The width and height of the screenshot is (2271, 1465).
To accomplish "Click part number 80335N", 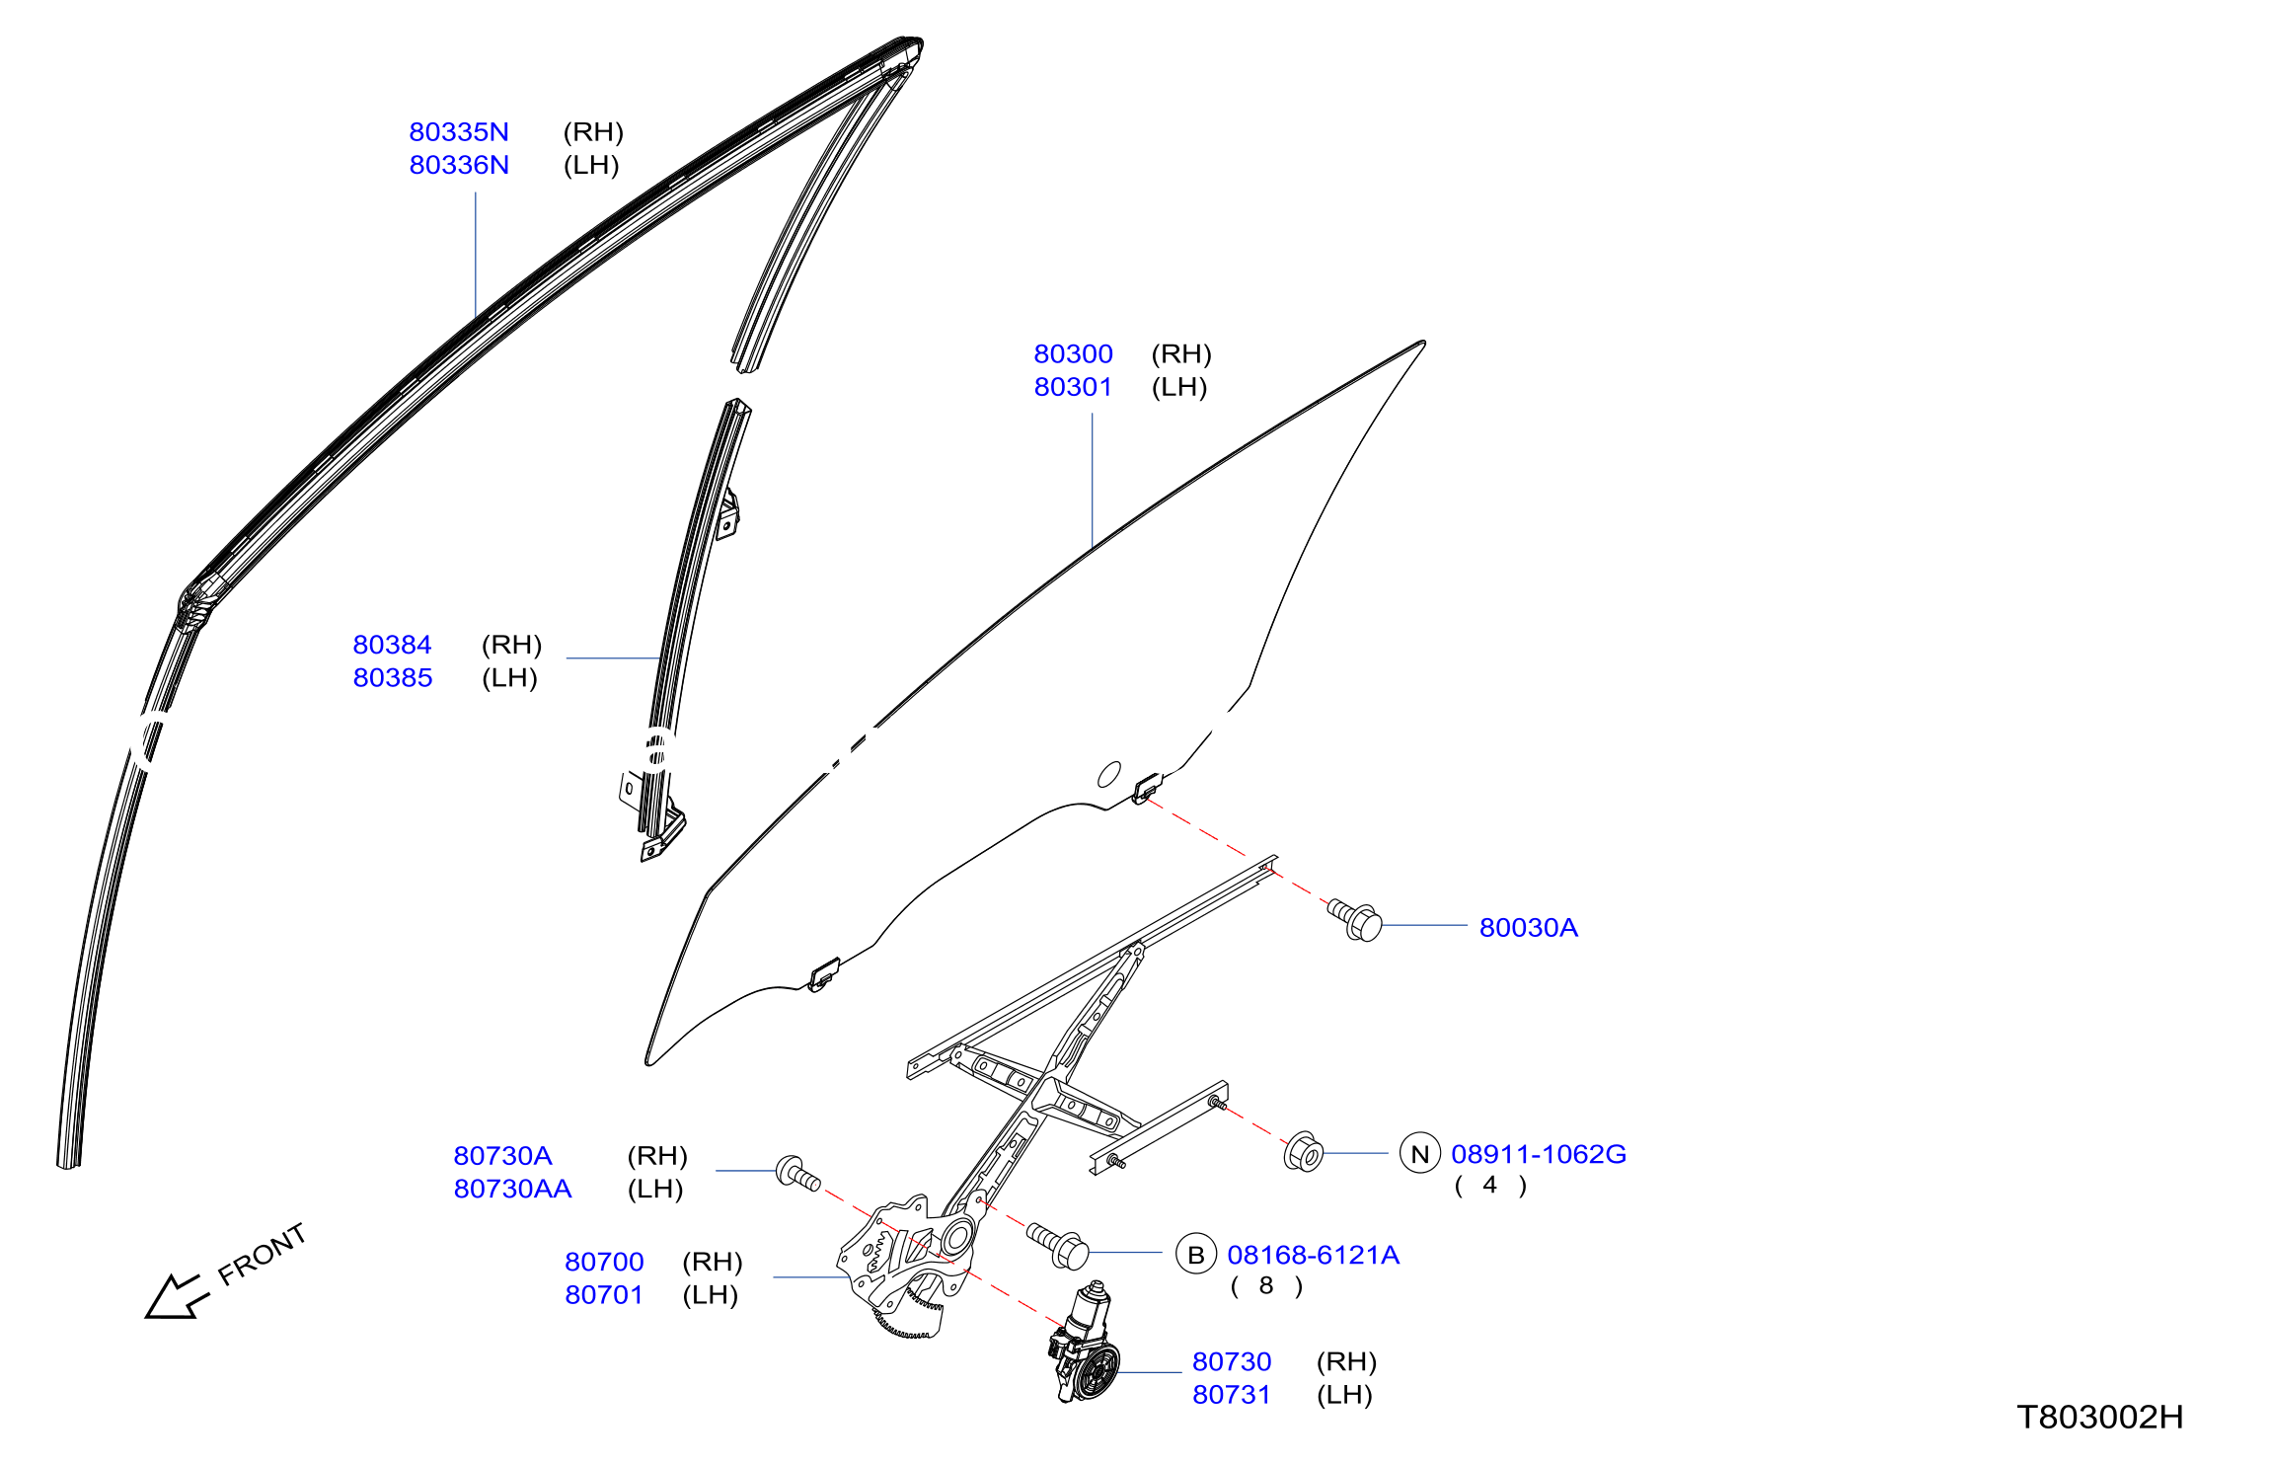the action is coord(459,132).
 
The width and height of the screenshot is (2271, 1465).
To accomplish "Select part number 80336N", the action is coord(459,165).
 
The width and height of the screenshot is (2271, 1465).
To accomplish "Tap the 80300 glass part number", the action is coord(1073,353).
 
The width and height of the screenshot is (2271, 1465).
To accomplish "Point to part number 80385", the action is coord(393,678).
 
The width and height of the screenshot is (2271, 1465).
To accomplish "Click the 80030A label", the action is coord(1528,928).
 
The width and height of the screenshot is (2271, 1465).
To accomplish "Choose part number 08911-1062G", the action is coord(1538,1154).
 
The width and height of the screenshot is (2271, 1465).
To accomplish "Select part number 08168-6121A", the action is coord(1313,1255).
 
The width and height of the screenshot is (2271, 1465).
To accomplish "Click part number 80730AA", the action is coord(512,1189).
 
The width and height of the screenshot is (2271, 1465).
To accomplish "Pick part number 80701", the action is coord(604,1295).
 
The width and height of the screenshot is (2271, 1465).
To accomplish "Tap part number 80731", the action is coord(1231,1395).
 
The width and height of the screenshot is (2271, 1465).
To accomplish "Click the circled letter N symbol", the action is coord(1420,1154).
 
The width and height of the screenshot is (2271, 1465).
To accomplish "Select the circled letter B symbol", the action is coord(1196,1255).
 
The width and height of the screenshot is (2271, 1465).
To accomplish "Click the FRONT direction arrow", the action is coord(178,1296).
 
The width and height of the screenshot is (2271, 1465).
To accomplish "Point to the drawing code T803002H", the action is coord(2099,1418).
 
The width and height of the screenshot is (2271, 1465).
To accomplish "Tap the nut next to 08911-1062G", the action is coord(1304,1152).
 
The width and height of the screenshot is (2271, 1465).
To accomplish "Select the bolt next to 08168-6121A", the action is coord(1058,1246).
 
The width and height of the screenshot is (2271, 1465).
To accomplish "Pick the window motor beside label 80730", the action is coord(1084,1343).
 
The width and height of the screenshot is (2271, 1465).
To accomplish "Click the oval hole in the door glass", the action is coord(1109,775).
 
